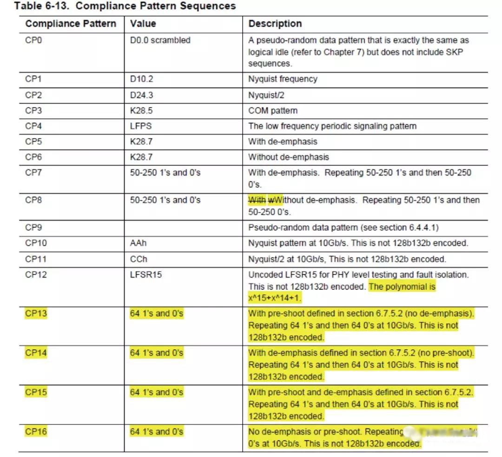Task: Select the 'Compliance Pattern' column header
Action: [71, 24]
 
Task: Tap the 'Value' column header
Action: [143, 24]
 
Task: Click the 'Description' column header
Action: [275, 24]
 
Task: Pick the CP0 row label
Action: [33, 40]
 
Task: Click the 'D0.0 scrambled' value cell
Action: [160, 40]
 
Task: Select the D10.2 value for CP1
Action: [141, 79]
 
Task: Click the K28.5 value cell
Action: [141, 111]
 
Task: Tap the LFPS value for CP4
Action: [141, 126]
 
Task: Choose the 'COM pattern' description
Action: [273, 111]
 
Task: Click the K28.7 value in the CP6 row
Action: [141, 157]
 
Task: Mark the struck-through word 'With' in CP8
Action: [257, 200]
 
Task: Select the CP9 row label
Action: [33, 228]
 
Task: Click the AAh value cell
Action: [138, 243]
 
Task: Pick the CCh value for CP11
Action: [139, 259]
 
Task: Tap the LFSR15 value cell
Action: [146, 274]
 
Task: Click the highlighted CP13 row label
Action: [36, 313]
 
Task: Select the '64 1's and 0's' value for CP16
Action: [157, 432]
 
